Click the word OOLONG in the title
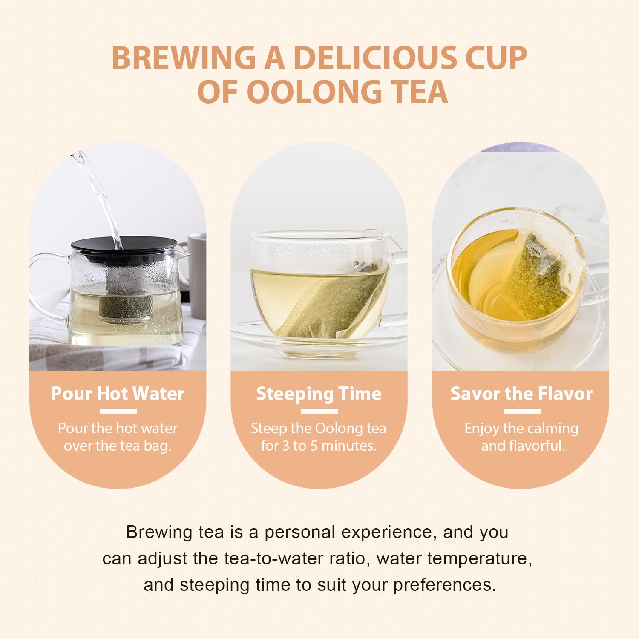tap(314, 92)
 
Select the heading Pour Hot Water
tap(118, 393)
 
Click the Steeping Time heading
tap(319, 393)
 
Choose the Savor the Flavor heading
tap(521, 393)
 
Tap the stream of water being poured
tap(102, 196)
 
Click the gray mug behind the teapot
tap(197, 273)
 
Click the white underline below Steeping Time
tap(319, 411)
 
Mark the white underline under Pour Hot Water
tap(118, 411)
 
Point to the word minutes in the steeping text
tap(348, 446)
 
